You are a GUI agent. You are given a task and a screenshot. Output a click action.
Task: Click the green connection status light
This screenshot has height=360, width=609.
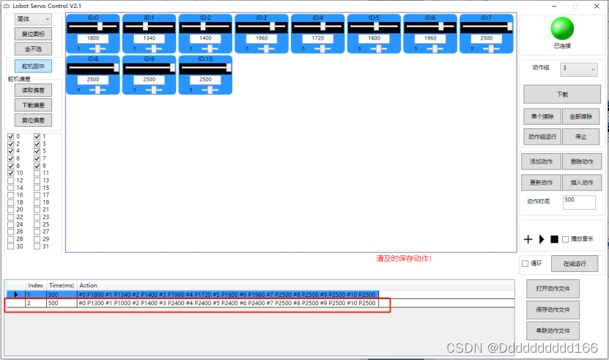[562, 29]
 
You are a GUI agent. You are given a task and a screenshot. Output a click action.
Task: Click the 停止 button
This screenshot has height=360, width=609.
[580, 136]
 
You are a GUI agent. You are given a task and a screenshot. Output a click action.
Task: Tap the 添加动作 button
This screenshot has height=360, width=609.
[542, 161]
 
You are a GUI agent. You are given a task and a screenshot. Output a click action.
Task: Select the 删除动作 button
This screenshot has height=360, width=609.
[580, 161]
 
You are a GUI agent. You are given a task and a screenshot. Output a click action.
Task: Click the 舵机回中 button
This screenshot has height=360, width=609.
[33, 67]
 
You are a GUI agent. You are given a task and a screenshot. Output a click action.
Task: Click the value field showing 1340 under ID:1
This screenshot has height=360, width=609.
[149, 37]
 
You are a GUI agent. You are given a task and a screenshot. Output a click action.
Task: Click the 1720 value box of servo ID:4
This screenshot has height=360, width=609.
[317, 37]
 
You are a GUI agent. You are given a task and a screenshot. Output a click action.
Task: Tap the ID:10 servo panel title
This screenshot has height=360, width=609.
[205, 58]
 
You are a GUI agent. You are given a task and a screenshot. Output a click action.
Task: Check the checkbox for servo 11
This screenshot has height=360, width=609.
[37, 173]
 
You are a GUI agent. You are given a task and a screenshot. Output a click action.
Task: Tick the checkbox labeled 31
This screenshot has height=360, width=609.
[37, 246]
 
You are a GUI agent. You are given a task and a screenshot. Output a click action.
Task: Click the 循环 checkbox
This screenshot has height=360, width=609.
[525, 264]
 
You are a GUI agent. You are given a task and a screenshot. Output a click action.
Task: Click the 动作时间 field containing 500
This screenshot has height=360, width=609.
[579, 201]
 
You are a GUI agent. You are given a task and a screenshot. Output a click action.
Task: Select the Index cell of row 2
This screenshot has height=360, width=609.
[35, 303]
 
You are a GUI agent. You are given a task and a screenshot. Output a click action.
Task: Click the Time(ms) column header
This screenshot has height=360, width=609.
[61, 285]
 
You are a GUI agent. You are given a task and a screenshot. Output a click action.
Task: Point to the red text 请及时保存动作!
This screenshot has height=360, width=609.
[403, 259]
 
